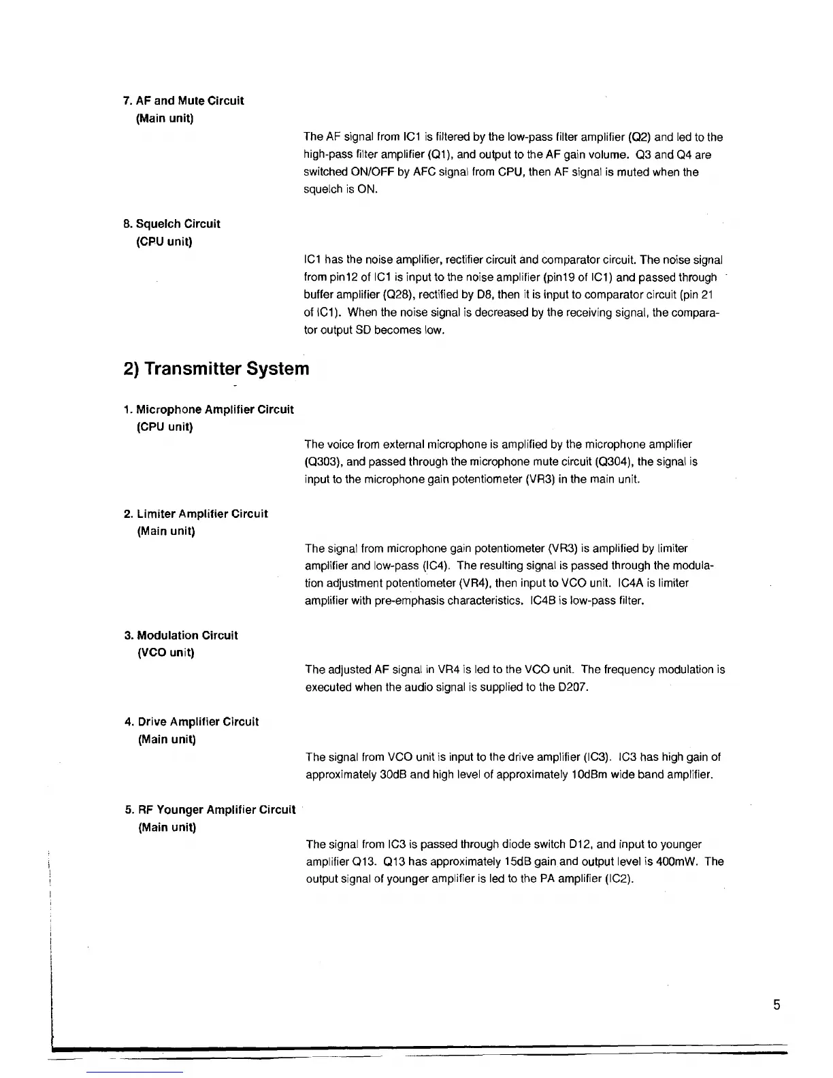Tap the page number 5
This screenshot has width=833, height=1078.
coord(777,1005)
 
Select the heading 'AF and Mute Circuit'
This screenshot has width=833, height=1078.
coord(190,101)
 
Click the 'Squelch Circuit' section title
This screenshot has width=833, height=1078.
coord(178,224)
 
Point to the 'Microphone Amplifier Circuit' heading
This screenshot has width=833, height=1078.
coord(214,410)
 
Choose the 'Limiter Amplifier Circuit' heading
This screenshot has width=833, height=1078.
coord(202,514)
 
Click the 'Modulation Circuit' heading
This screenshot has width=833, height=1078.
coord(187,636)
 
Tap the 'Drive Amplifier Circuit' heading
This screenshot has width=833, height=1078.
coord(198,722)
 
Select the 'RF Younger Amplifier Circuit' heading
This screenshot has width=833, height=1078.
coord(216,810)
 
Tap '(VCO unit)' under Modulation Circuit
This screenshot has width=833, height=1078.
coord(166,653)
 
